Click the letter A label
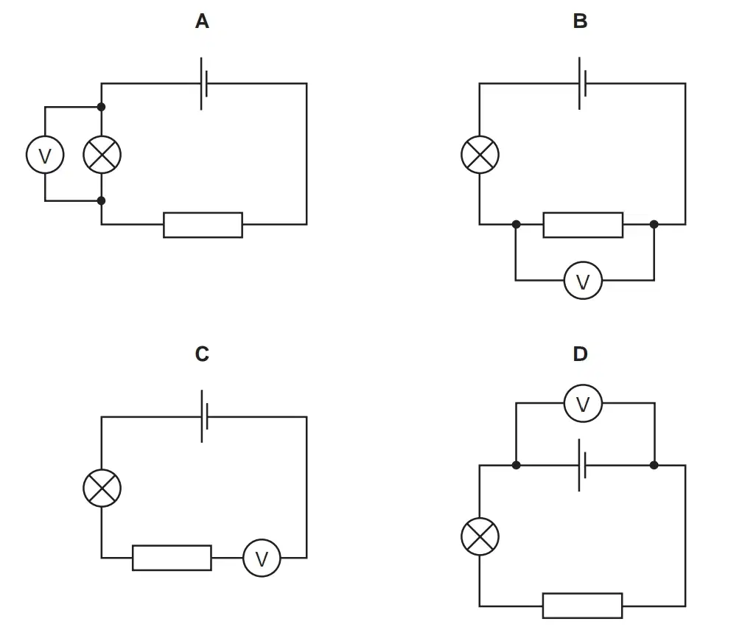202,21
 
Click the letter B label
580,21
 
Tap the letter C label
202,354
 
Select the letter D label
580,354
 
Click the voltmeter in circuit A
45,155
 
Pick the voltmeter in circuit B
583,281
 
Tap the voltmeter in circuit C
262,558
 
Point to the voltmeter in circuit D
583,403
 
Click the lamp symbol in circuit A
102,155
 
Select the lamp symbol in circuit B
480,155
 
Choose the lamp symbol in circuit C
102,488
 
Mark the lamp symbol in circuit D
480,536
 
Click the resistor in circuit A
203,225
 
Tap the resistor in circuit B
583,225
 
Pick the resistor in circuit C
172,558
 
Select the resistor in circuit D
583,606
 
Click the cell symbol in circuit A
204,84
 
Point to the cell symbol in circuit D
582,466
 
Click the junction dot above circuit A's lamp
101,107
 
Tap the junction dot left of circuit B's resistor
517,224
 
